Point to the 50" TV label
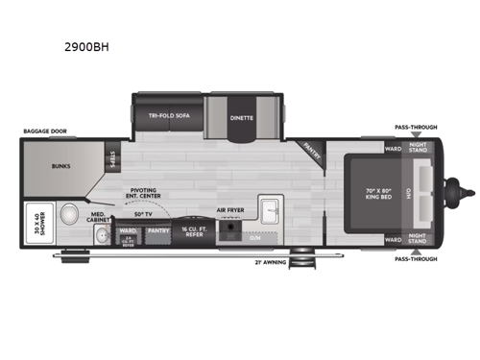point(144,212)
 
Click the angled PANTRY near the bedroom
point(309,148)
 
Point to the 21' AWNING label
point(271,261)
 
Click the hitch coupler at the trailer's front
point(467,193)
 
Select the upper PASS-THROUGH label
point(415,127)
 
